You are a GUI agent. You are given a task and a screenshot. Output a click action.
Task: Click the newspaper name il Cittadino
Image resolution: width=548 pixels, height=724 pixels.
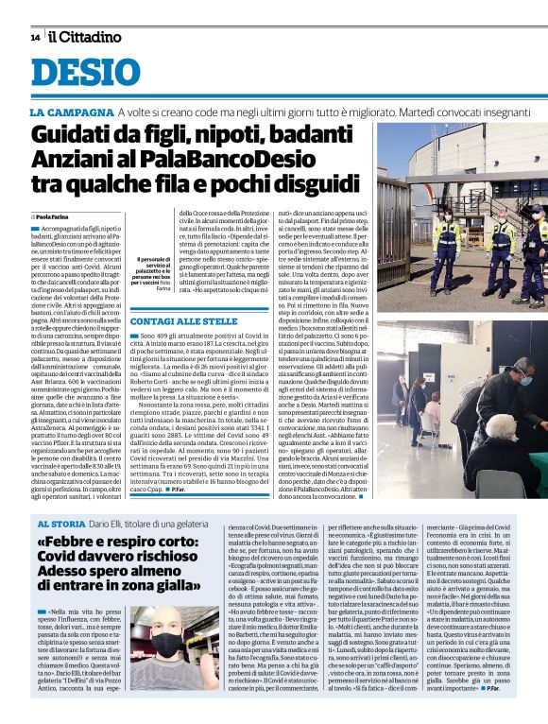pyautogui.click(x=85, y=37)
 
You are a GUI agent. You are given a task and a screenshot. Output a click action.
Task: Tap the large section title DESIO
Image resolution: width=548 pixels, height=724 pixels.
pyautogui.click(x=85, y=74)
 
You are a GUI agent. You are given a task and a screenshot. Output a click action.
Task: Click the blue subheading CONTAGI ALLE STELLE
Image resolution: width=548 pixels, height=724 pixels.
pyautogui.click(x=183, y=322)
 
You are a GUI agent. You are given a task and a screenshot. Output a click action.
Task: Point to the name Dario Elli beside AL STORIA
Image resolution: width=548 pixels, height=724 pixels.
pyautogui.click(x=128, y=523)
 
